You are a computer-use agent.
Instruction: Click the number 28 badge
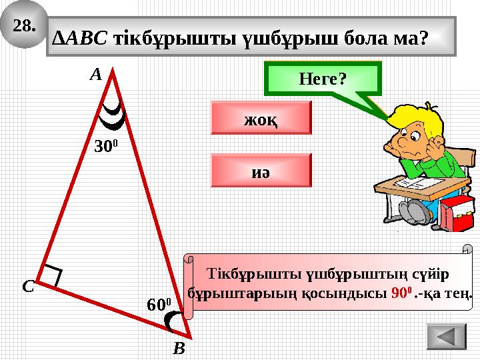pyautogui.click(x=24, y=27)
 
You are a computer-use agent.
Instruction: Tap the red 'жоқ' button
pyautogui.click(x=261, y=118)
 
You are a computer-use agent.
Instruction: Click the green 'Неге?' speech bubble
pyautogui.click(x=323, y=79)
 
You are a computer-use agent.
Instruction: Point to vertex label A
pyautogui.click(x=95, y=75)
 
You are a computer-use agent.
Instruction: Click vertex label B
pyautogui.click(x=178, y=348)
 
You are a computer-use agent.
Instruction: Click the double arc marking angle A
pyautogui.click(x=111, y=116)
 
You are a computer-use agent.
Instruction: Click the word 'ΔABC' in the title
pyautogui.click(x=81, y=37)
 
